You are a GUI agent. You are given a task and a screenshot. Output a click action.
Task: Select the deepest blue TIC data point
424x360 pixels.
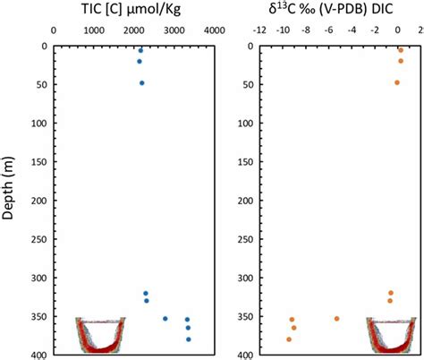[189, 339]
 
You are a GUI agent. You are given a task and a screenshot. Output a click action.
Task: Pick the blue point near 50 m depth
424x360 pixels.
[142, 82]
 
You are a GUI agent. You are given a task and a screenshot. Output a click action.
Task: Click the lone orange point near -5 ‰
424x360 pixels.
[336, 318]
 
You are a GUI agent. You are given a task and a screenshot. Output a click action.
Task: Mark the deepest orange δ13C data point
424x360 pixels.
[289, 339]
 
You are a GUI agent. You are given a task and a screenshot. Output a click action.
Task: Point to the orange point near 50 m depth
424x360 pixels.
[397, 82]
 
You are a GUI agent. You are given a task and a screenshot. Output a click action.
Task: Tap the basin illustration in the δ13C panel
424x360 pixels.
[393, 335]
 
